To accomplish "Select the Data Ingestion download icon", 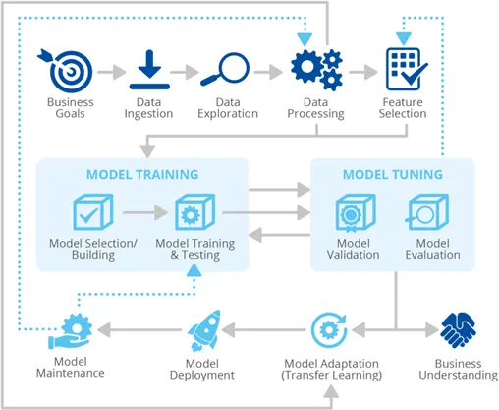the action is click(x=149, y=70).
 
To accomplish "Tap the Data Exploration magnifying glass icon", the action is click(x=226, y=69).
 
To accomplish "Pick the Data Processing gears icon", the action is click(x=316, y=70).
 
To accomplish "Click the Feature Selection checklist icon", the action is click(x=407, y=69).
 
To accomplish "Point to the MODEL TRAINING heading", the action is click(x=142, y=174).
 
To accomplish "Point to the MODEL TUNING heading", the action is click(x=393, y=174).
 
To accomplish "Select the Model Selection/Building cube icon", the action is click(x=93, y=212).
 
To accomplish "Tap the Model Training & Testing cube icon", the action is click(x=195, y=212).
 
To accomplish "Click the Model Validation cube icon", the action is click(x=356, y=212).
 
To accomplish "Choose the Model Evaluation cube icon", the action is click(x=427, y=212).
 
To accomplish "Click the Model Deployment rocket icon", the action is click(x=204, y=330).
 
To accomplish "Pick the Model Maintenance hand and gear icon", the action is click(x=70, y=331).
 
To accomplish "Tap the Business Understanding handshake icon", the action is click(x=458, y=329).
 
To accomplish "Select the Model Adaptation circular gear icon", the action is click(x=328, y=330).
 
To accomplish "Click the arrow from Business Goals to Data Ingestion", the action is click(x=112, y=72).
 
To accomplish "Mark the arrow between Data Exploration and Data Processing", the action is click(x=268, y=72).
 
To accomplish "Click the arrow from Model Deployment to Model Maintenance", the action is click(x=139, y=330).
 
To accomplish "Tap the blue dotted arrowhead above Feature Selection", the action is click(x=404, y=38).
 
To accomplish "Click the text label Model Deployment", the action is click(x=202, y=369).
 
